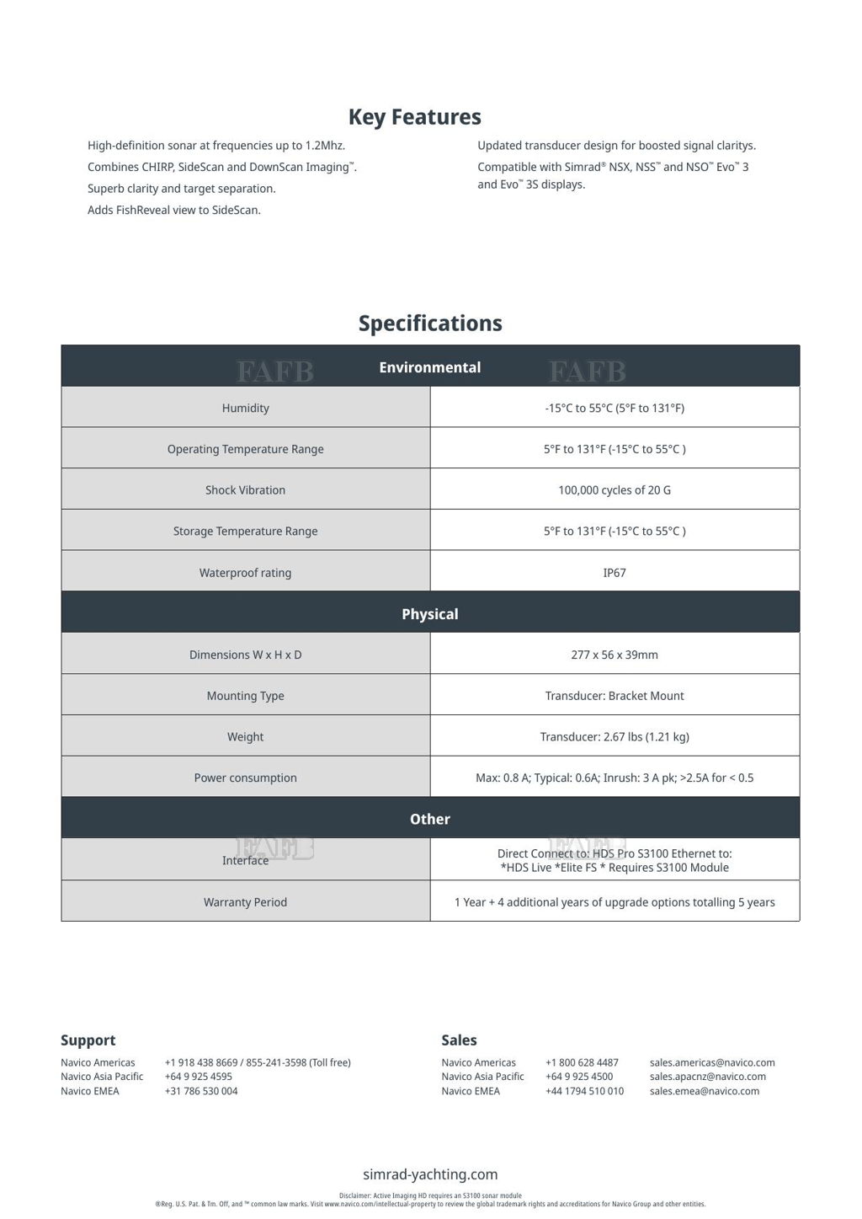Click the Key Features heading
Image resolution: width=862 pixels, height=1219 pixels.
[414, 117]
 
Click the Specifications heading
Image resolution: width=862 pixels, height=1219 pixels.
[430, 323]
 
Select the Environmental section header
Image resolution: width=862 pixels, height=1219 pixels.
[430, 367]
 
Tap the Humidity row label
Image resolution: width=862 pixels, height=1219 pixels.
[246, 409]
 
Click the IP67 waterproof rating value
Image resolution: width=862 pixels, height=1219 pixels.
[615, 573]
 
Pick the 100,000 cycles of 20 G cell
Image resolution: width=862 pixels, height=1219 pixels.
[615, 490]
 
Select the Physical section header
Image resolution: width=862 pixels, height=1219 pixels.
[430, 614]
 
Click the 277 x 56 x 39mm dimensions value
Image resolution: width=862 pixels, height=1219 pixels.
[615, 655]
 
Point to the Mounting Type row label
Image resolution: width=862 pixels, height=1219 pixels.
[246, 696]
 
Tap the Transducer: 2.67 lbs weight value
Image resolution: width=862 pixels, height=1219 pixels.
[615, 737]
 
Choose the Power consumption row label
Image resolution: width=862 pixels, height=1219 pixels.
[246, 778]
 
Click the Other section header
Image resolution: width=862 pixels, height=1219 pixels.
[430, 819]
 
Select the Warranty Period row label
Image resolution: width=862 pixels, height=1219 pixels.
[246, 902]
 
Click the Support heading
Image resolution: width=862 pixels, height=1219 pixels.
[88, 1040]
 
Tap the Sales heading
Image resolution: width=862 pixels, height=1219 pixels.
[459, 1040]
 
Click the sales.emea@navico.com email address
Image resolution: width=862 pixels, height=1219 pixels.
[705, 1091]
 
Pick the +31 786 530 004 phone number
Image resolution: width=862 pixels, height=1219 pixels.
[201, 1091]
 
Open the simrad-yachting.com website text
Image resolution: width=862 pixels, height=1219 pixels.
[430, 1174]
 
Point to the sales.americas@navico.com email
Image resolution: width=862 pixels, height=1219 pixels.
[712, 1062]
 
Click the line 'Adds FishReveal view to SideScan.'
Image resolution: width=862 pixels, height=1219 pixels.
[174, 210]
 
